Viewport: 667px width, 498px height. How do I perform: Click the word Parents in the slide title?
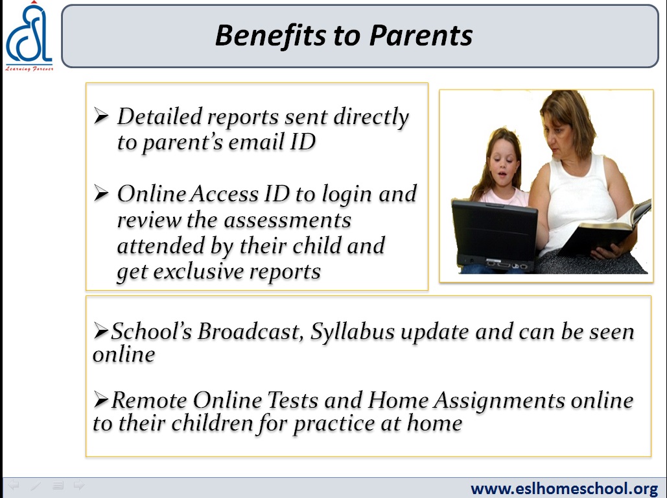[x=421, y=35]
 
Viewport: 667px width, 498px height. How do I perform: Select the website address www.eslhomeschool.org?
[x=564, y=488]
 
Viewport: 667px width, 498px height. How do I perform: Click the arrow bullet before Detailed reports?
[x=101, y=116]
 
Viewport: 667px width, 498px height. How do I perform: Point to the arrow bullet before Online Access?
[x=101, y=193]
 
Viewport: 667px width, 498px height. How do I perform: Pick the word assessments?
[x=287, y=221]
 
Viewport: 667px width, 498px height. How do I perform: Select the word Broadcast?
[x=250, y=331]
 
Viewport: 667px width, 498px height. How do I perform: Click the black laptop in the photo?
[x=495, y=236]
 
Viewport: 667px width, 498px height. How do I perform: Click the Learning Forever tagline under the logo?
[x=29, y=69]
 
